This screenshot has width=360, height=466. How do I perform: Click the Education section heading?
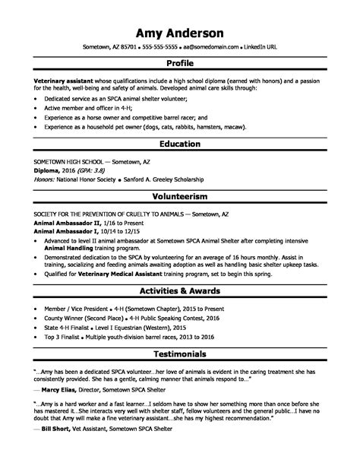(179, 144)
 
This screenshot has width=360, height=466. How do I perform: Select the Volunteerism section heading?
(179, 195)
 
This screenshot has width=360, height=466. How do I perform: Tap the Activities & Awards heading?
(179, 290)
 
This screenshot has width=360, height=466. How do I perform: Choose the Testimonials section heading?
(179, 353)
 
